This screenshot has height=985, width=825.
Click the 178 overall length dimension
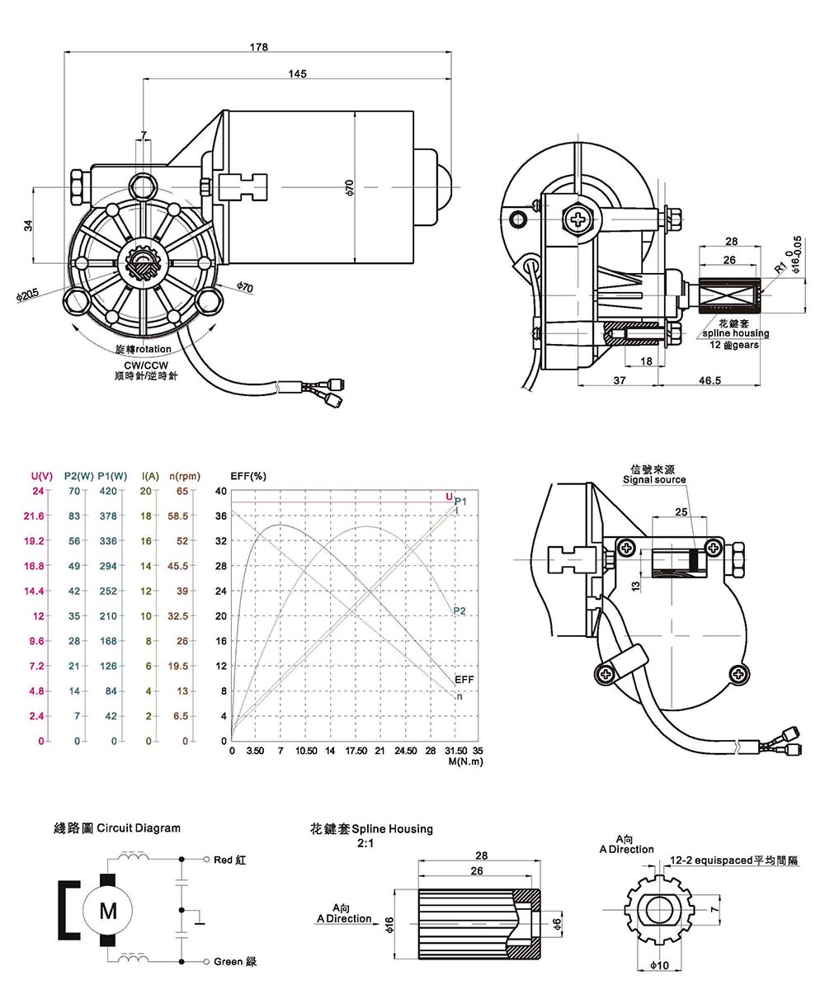[258, 47]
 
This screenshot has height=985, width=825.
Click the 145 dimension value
[298, 74]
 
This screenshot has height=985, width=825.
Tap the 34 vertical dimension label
[27, 225]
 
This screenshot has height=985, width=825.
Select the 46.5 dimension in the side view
[710, 380]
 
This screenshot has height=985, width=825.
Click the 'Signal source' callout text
[653, 479]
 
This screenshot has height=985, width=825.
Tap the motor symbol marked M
[108, 911]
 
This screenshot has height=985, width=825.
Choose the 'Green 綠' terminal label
[235, 962]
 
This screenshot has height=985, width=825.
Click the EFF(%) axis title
[247, 476]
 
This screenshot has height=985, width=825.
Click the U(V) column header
[42, 476]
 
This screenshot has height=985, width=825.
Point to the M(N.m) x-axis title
[465, 761]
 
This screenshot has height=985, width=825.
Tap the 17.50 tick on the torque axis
[356, 752]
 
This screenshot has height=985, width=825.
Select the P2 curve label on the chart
[460, 610]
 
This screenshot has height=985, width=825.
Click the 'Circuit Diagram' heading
[116, 827]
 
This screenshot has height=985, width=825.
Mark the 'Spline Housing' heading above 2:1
[371, 828]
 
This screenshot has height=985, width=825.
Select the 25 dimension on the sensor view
[681, 512]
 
